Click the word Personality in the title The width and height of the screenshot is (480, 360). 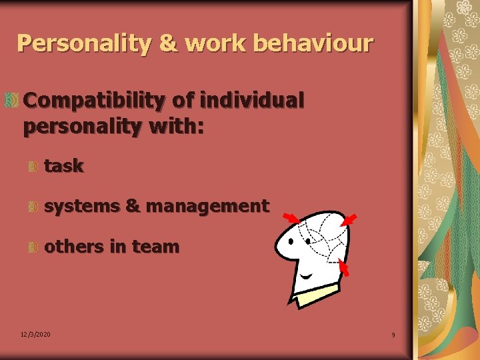85,43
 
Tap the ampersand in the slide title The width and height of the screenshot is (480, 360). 168,43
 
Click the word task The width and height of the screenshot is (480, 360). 64,167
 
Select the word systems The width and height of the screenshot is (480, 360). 82,207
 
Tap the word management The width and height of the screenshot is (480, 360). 207,207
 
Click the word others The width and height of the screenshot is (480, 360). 74,247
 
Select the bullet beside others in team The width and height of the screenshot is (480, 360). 32,247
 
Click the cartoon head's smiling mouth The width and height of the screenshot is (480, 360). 307,275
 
